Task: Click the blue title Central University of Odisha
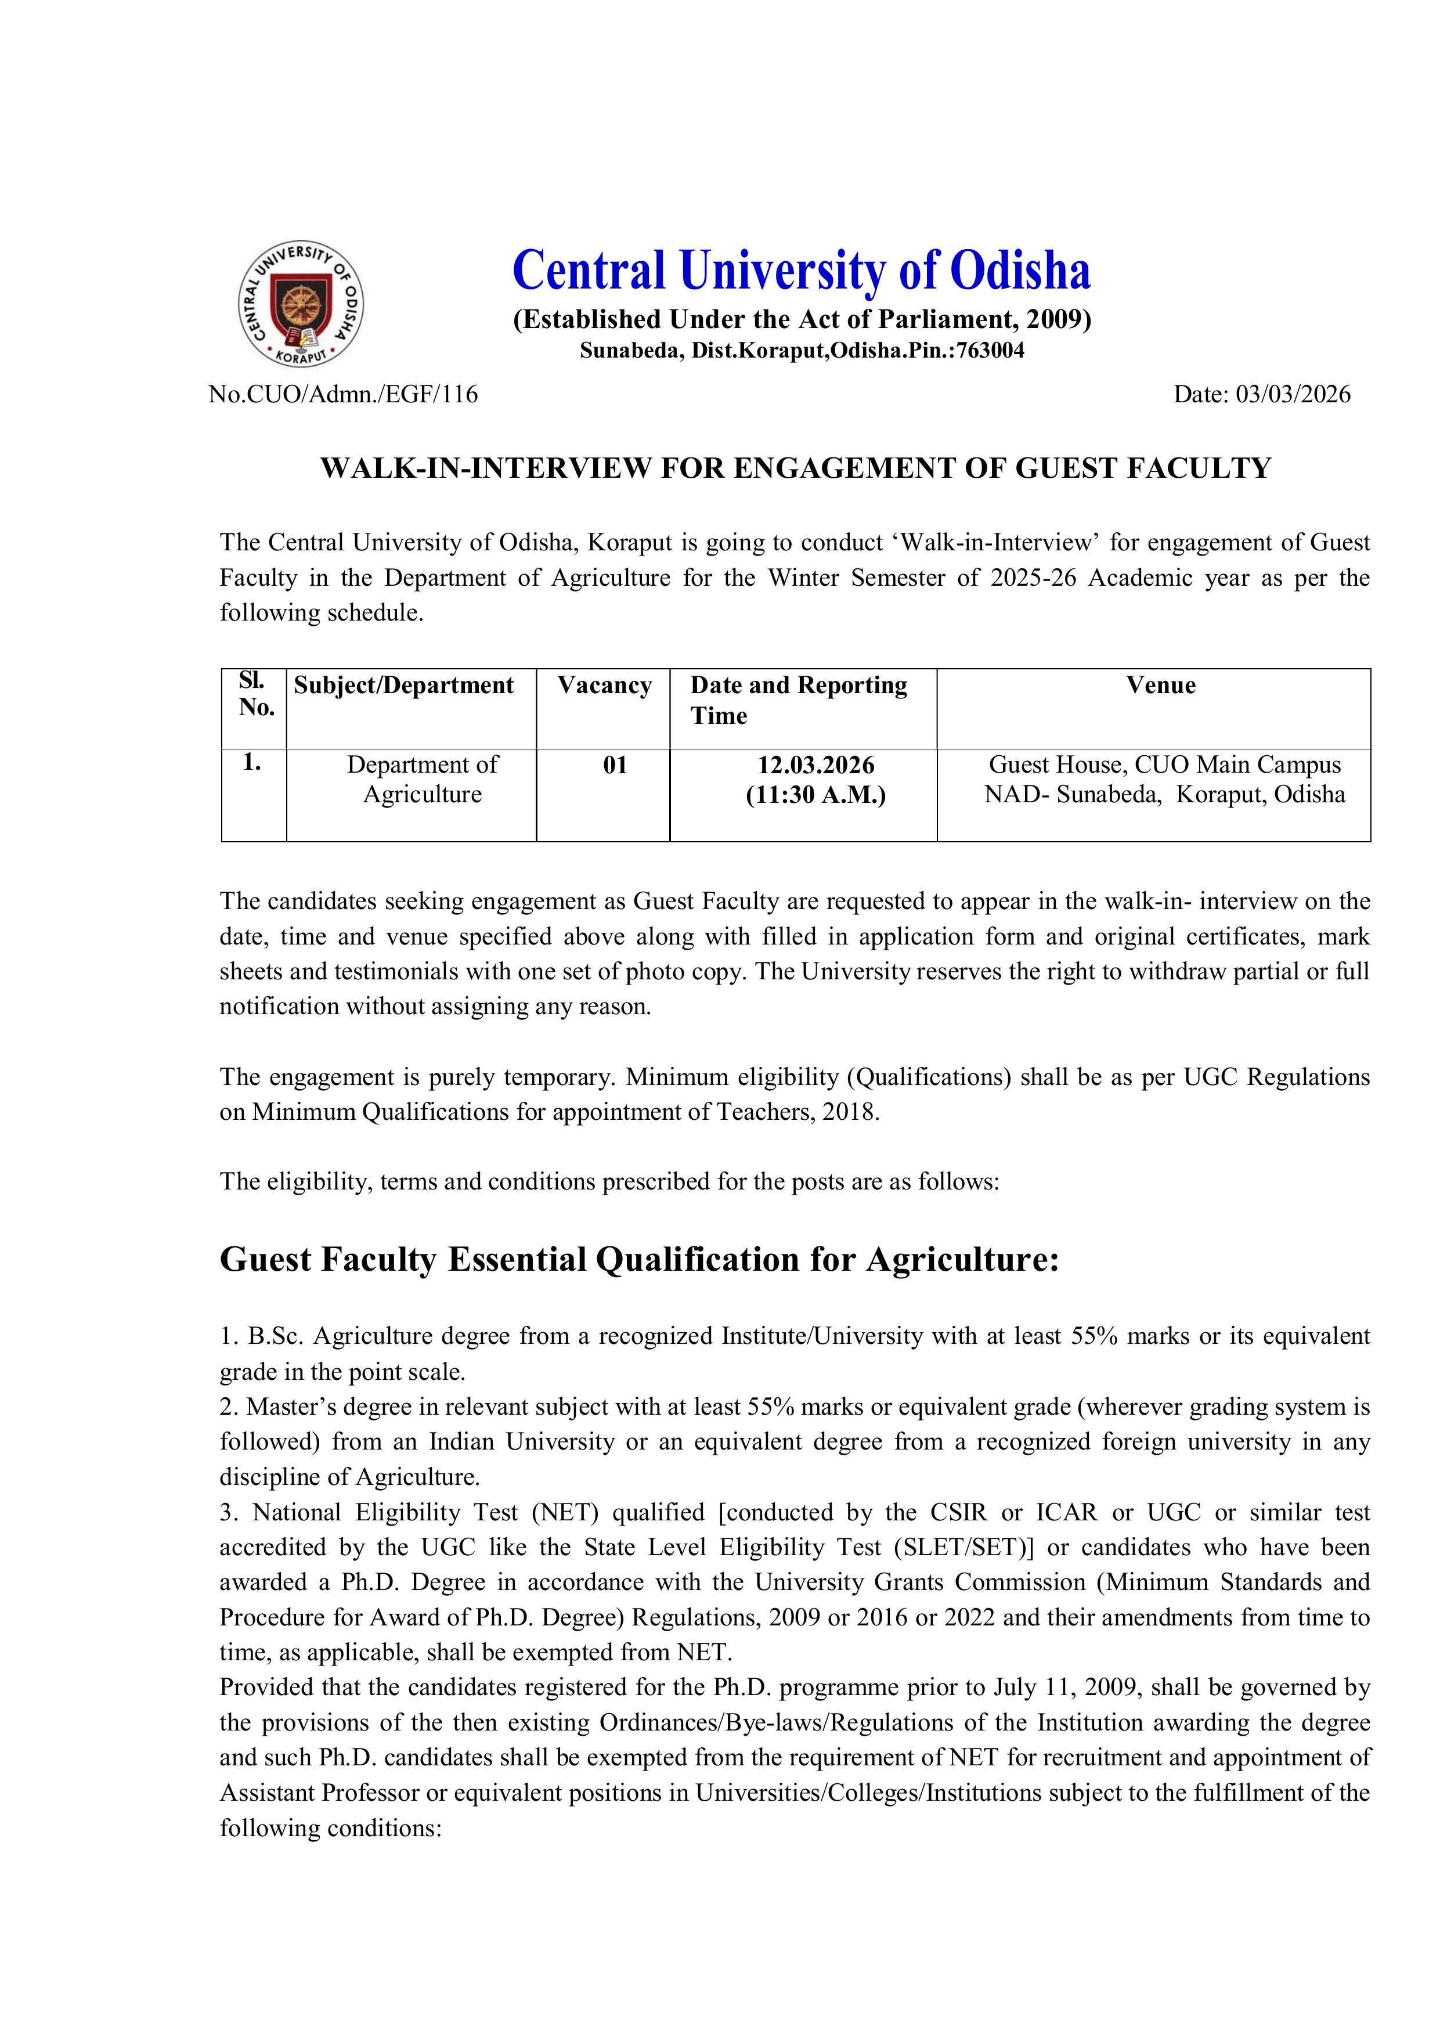point(801,270)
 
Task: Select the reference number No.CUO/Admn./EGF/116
point(344,394)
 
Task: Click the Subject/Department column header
point(404,685)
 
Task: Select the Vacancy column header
point(604,685)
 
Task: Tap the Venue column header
point(1160,685)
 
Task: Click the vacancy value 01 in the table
point(615,765)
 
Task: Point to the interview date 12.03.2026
point(815,765)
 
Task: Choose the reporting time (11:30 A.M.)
point(815,794)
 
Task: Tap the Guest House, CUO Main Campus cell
point(1164,765)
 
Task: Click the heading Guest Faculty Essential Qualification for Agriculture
point(639,1260)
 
